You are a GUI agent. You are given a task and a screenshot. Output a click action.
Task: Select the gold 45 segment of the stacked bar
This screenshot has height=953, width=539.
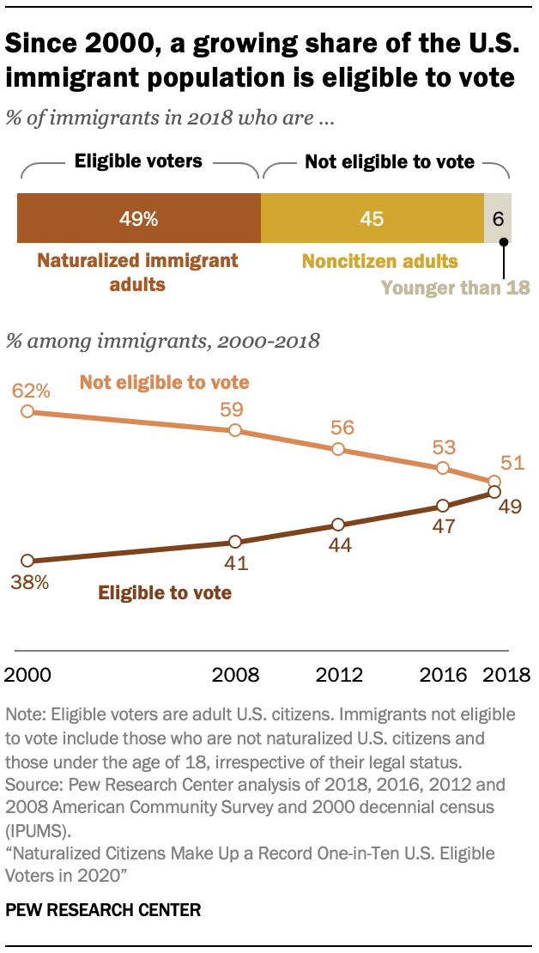point(372,219)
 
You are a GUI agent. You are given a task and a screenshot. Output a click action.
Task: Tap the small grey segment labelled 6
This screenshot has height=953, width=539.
point(499,219)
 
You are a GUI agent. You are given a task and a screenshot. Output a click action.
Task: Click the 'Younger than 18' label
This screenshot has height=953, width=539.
point(456,288)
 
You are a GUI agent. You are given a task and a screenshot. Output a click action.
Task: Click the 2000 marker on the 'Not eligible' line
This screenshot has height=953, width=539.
point(27,411)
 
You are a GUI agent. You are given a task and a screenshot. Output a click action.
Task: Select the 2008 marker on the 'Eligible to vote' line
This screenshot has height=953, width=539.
point(234,542)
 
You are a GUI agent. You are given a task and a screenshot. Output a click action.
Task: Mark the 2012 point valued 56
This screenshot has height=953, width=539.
point(338,449)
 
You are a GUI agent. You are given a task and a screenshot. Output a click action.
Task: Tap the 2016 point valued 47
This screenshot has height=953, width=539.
point(442,506)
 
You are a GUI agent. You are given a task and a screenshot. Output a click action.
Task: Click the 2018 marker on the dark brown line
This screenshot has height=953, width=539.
point(494,492)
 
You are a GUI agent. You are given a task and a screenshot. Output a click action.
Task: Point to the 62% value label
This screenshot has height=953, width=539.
point(32,392)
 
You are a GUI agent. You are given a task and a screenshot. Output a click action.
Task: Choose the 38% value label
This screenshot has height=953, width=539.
point(32,581)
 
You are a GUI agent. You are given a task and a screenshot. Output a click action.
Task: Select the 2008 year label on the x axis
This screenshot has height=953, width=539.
point(234,673)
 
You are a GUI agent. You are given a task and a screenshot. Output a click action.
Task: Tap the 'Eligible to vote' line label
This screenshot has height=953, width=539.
point(165,592)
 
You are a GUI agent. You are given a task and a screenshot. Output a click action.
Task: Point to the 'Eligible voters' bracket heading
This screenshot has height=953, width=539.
point(137,161)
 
